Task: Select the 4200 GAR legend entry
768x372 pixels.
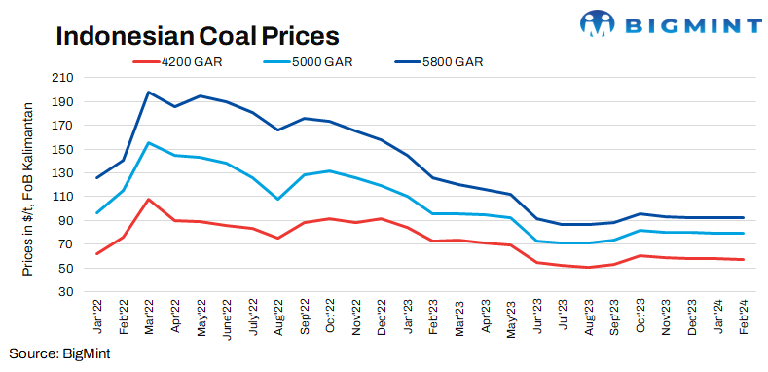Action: click(189, 61)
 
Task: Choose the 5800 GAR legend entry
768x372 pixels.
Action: click(450, 61)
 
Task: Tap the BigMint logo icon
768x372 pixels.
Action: click(598, 23)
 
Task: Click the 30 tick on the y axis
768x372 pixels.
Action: click(65, 291)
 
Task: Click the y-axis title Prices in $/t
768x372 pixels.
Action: click(28, 184)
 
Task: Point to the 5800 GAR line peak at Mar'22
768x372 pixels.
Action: click(148, 92)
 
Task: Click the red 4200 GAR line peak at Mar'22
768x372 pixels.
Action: click(148, 199)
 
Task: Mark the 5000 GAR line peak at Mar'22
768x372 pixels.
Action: click(148, 143)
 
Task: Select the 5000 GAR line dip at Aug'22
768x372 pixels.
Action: click(278, 199)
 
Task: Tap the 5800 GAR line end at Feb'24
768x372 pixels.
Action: click(744, 217)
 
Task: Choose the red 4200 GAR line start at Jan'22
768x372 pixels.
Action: click(97, 253)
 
